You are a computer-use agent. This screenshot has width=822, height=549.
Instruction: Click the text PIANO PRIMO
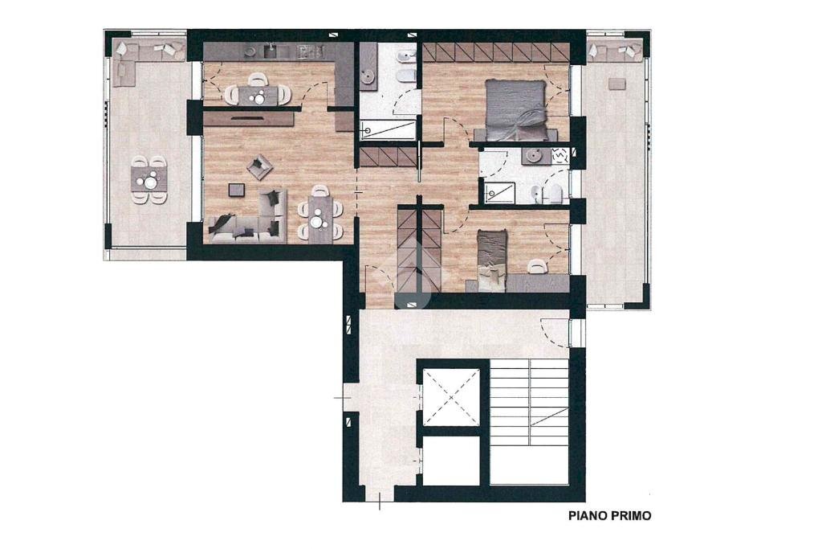click(610, 516)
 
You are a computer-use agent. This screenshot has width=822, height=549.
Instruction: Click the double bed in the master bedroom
click(517, 110)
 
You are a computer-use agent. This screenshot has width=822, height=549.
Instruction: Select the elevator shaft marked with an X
click(451, 397)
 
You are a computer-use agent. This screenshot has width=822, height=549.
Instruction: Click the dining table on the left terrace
click(149, 179)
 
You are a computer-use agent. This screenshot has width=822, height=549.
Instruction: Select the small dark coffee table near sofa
click(237, 190)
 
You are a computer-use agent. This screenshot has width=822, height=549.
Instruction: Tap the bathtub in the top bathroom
click(388, 129)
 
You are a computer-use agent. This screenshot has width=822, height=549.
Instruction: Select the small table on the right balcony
click(617, 84)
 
